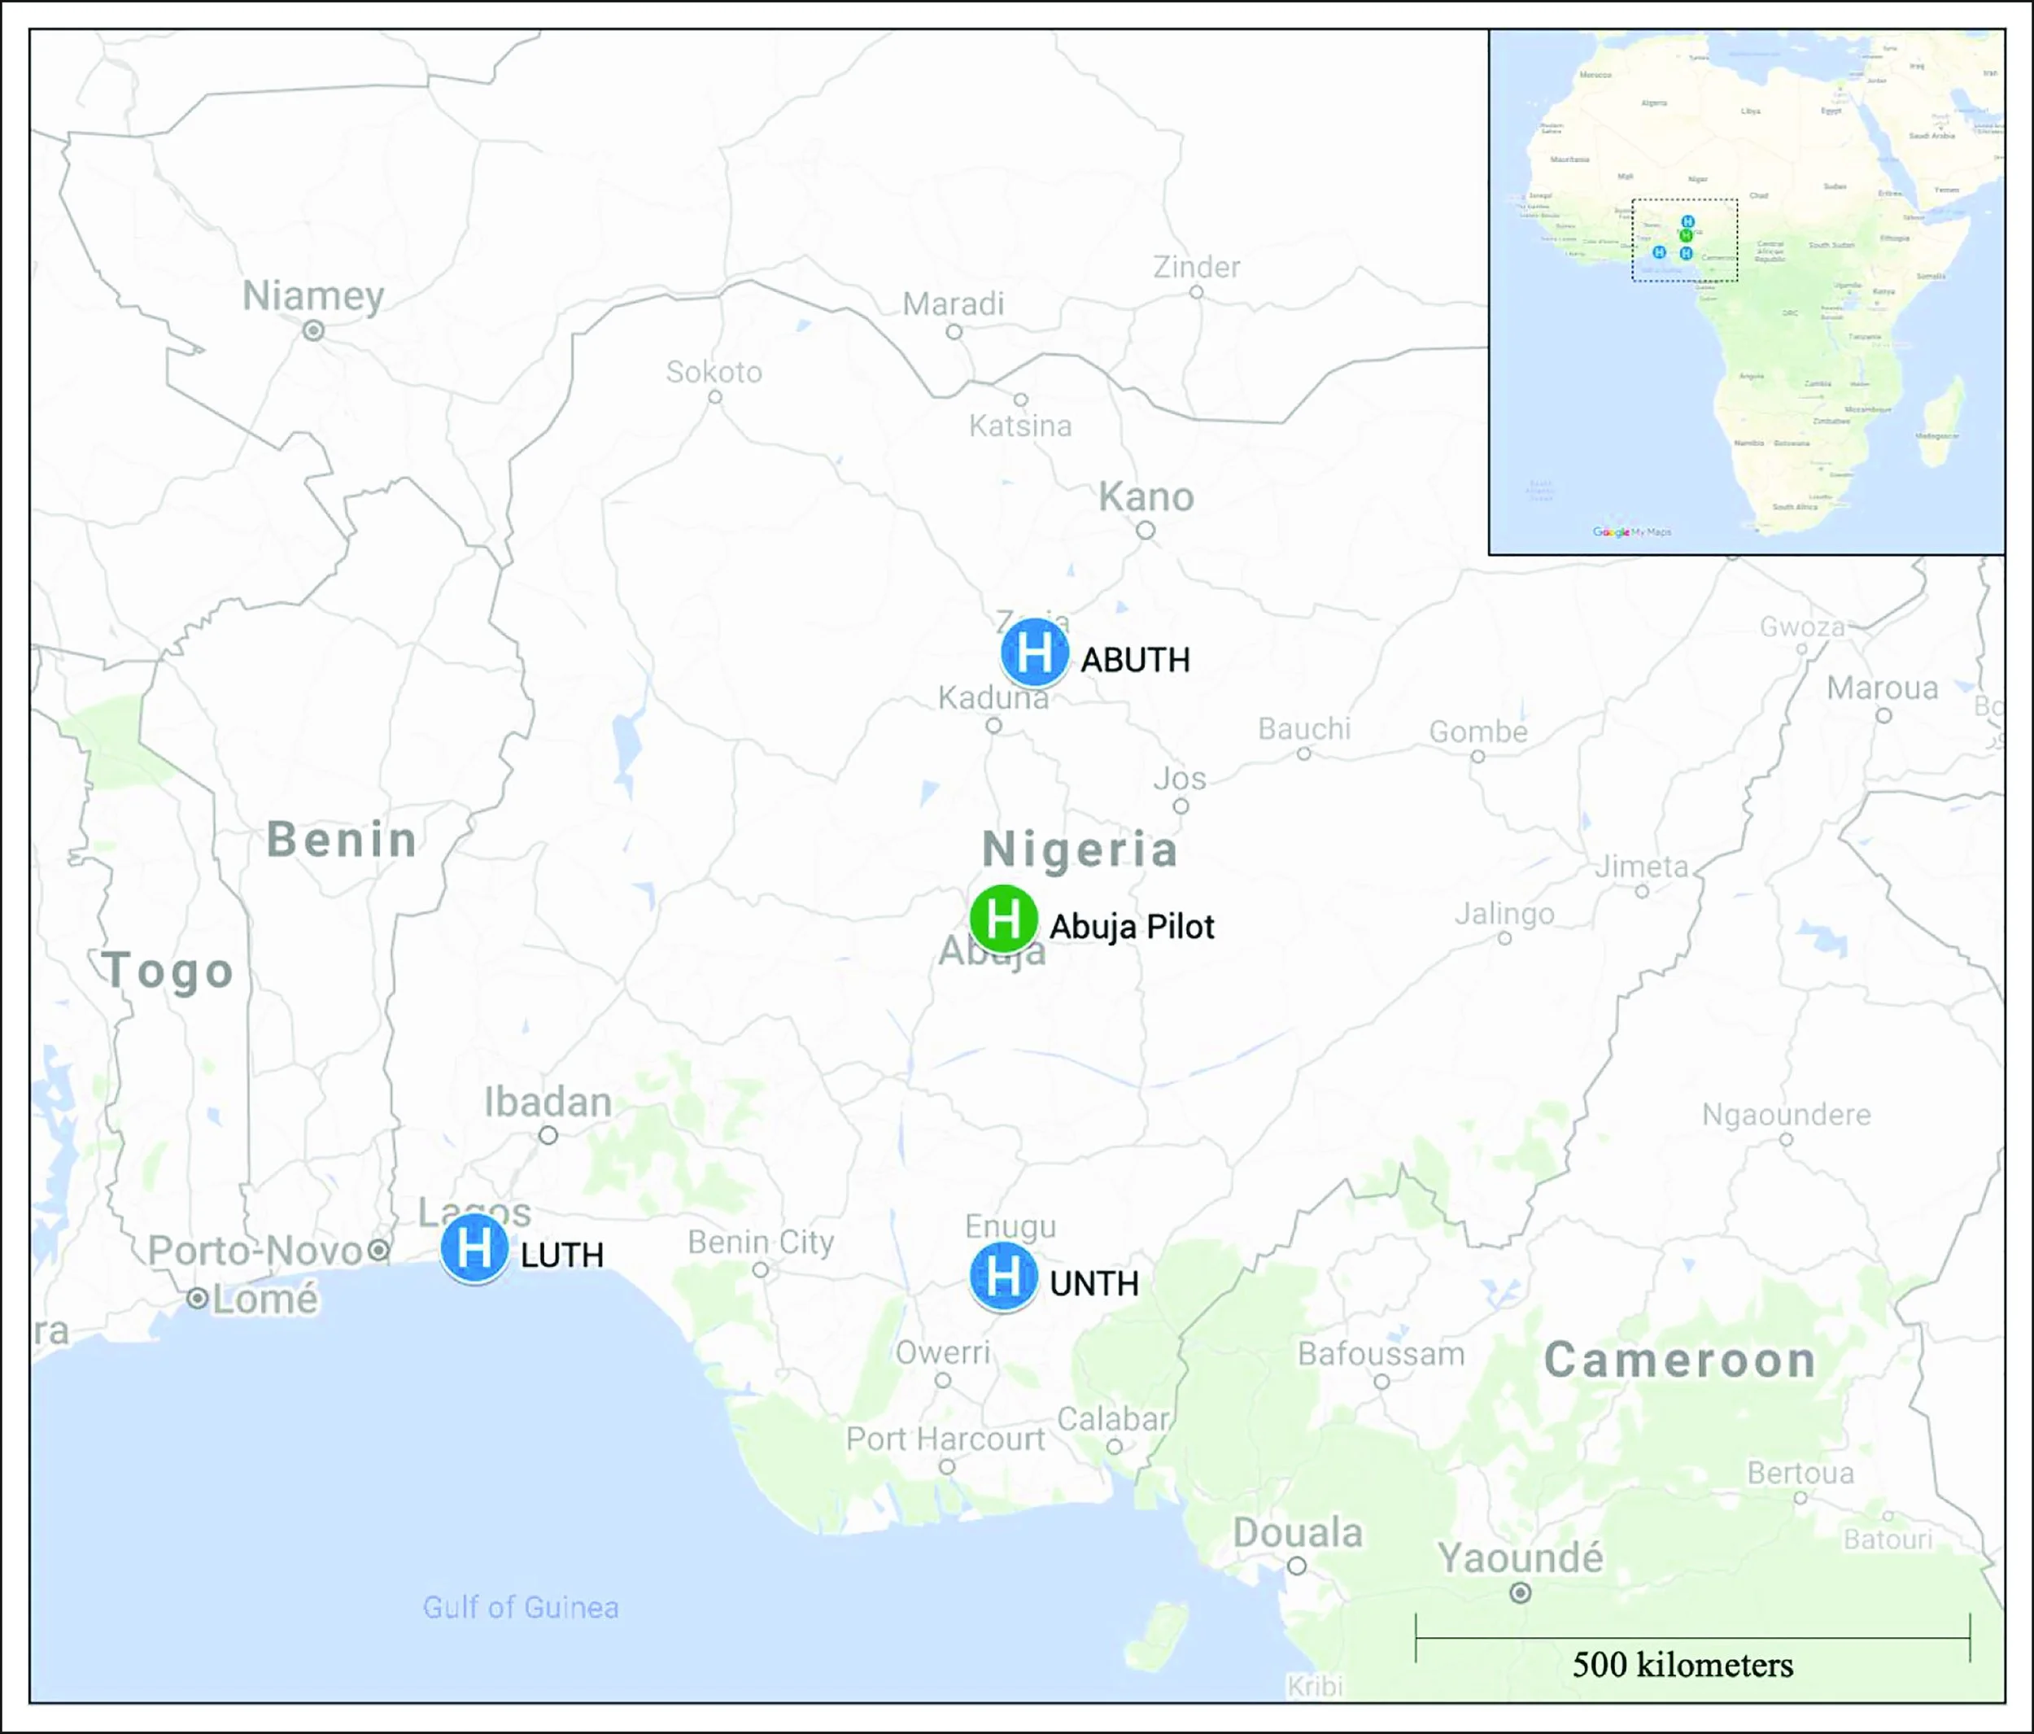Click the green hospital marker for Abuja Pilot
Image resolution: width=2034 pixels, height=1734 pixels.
(x=1002, y=919)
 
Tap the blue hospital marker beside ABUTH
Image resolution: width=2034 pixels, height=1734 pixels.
(x=1034, y=652)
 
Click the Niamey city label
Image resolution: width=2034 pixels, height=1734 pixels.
(x=313, y=295)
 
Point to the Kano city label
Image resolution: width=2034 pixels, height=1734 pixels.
(x=1146, y=498)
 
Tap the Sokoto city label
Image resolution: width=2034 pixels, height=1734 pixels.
(x=714, y=372)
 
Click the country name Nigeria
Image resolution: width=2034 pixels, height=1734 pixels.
(x=1080, y=850)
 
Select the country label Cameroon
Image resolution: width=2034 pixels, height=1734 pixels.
(x=1679, y=1361)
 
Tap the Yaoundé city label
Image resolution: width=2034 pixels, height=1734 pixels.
(x=1520, y=1558)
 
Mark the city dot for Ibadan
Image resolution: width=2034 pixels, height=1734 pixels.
(x=548, y=1135)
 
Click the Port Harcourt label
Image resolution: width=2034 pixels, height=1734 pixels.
(x=945, y=1439)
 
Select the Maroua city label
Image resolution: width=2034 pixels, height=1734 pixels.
(x=1882, y=688)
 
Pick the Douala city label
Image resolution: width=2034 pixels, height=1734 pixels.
(x=1297, y=1534)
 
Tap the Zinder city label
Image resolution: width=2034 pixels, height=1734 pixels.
(x=1196, y=267)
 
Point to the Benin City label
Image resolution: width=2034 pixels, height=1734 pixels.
(x=760, y=1242)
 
